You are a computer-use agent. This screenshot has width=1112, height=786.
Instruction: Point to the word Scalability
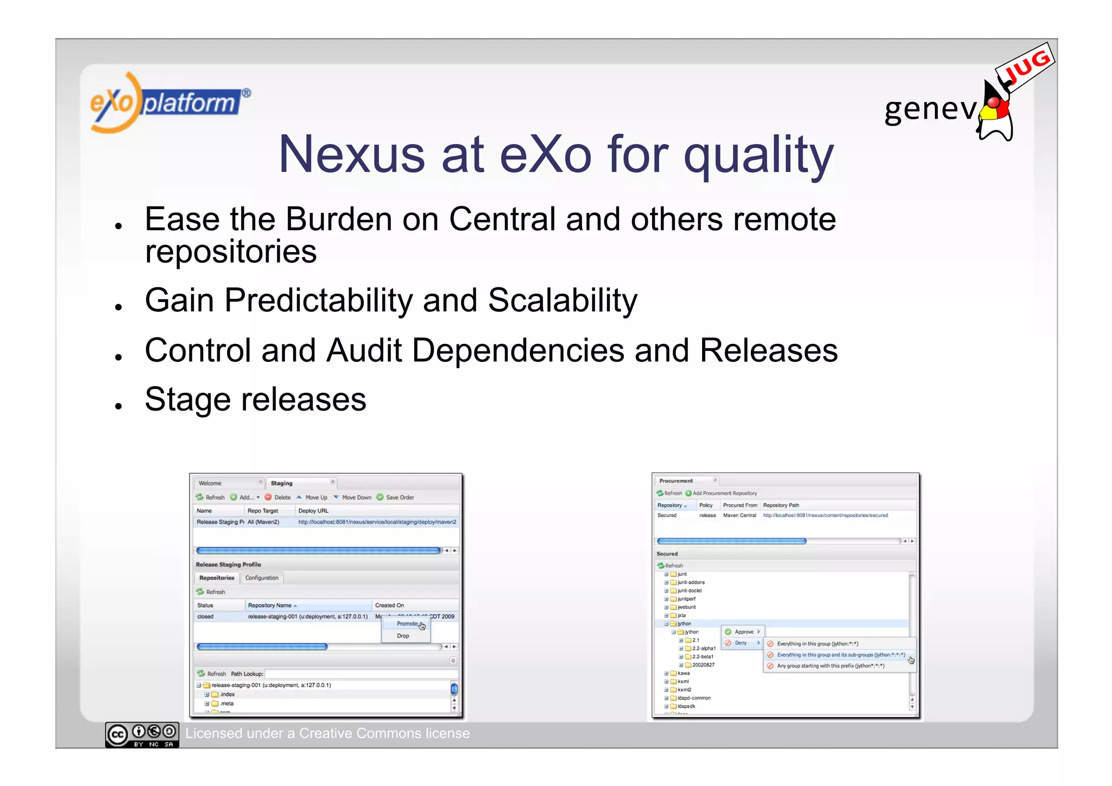coord(563,300)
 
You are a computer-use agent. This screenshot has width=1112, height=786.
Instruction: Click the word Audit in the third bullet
coord(364,350)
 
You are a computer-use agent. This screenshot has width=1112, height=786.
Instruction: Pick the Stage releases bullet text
coord(255,400)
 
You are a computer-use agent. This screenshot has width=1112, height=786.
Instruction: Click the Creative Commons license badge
coord(142,734)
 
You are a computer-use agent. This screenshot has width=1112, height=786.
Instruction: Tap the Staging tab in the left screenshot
coord(281,483)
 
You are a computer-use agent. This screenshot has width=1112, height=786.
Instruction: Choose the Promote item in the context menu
coord(407,624)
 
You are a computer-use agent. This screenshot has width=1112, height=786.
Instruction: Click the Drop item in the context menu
coord(403,636)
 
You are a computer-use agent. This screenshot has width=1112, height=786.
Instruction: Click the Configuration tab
coord(262,578)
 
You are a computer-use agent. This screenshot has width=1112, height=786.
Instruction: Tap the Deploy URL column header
coord(313,511)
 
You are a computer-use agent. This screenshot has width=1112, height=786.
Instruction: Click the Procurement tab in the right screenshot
coord(676,481)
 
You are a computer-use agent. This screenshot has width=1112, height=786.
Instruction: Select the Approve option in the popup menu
coord(743,632)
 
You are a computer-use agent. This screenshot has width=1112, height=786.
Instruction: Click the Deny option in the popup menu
coord(741,643)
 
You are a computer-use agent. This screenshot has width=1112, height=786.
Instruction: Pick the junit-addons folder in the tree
coord(691,582)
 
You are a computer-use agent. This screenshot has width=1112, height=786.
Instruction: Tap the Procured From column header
coord(740,505)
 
